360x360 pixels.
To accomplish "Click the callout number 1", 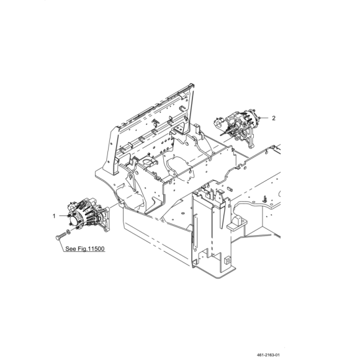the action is click(54, 216).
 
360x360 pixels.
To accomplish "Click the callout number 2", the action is click(274, 118).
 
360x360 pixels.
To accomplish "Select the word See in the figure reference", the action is click(70, 249).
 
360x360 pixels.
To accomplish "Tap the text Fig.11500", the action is click(91, 249).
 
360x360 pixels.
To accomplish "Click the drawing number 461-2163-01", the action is click(268, 355).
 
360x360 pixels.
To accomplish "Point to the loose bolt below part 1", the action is click(61, 236).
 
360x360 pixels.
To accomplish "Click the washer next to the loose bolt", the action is click(68, 232).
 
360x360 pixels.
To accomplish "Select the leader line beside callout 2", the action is click(264, 118).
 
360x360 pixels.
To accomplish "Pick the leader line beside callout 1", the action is click(63, 216).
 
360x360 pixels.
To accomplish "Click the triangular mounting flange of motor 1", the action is click(105, 219).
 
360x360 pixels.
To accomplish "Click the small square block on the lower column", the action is click(227, 259).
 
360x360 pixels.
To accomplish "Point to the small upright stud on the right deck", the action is click(265, 199).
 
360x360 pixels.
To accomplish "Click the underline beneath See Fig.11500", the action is click(84, 252).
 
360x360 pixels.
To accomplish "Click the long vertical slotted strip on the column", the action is click(196, 232).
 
